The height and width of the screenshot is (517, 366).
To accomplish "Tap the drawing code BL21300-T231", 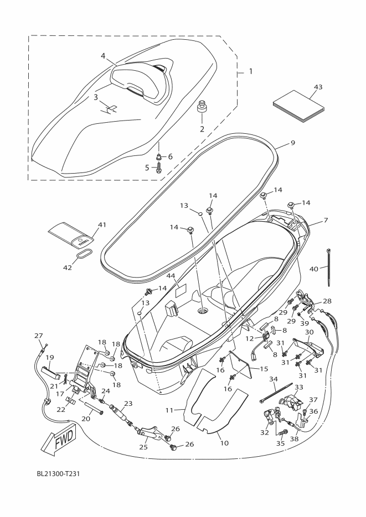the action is (x=58, y=473).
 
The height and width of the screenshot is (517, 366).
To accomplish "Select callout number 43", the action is (x=318, y=87).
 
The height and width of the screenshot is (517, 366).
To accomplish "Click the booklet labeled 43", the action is (x=298, y=110).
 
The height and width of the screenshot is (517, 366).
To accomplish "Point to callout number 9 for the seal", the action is (x=293, y=143).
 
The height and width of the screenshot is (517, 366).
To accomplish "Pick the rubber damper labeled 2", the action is (x=202, y=108).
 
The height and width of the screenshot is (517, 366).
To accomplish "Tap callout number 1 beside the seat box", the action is (x=250, y=71).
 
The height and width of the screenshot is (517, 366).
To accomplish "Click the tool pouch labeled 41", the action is (x=71, y=235).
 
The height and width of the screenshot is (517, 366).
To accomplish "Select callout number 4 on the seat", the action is (x=103, y=56).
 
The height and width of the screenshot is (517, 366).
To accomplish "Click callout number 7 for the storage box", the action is (x=326, y=220).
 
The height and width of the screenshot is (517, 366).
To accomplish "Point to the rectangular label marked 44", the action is (x=181, y=291).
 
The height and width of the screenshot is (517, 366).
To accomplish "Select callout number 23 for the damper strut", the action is (x=128, y=403).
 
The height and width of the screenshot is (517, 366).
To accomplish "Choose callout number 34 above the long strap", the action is (x=273, y=379).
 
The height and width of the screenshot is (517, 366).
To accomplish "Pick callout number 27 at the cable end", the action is (x=39, y=336).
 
